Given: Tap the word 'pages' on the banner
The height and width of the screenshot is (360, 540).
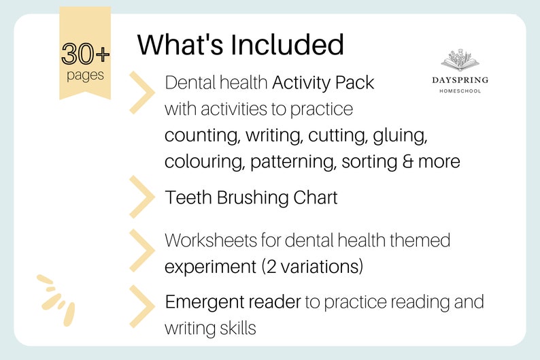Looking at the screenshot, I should tap(85, 74).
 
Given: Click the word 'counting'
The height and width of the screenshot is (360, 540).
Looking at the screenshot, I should tap(200, 135).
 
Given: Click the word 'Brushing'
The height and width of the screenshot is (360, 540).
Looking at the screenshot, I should tap(256, 198).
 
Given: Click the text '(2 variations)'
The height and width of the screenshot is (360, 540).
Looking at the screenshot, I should tap(311, 267).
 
